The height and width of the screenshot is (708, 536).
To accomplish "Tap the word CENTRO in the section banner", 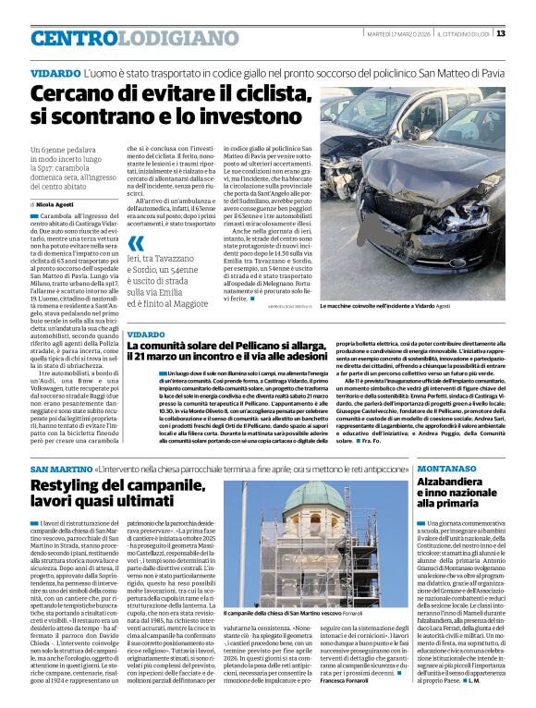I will (75, 38).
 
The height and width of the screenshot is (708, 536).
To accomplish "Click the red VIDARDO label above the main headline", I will (55, 72).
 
